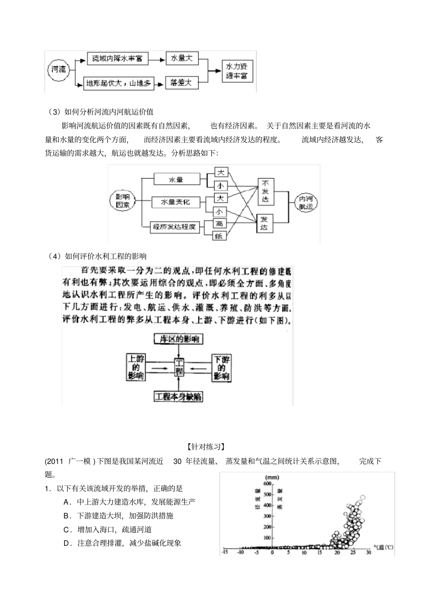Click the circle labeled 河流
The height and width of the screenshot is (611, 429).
(x=58, y=70)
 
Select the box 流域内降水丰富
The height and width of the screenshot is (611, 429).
(x=117, y=58)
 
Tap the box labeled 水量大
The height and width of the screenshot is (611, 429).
(x=181, y=58)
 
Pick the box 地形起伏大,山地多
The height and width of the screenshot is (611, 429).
(x=118, y=83)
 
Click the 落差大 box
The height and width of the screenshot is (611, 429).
(x=181, y=82)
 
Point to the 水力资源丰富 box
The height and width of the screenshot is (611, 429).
(x=237, y=71)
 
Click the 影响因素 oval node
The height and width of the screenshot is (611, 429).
(x=122, y=201)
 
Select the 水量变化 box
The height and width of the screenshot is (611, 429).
(x=175, y=202)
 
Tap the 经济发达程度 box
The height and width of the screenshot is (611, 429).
(x=175, y=227)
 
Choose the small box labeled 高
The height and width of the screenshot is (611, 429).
(x=219, y=223)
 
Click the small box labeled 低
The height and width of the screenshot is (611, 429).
(x=219, y=236)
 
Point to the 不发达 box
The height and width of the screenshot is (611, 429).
(x=265, y=191)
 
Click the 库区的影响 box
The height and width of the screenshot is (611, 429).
(x=178, y=339)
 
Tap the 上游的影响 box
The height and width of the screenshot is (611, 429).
(x=135, y=367)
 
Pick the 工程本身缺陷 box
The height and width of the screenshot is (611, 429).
(x=178, y=397)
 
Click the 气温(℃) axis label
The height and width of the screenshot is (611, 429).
(x=383, y=547)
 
